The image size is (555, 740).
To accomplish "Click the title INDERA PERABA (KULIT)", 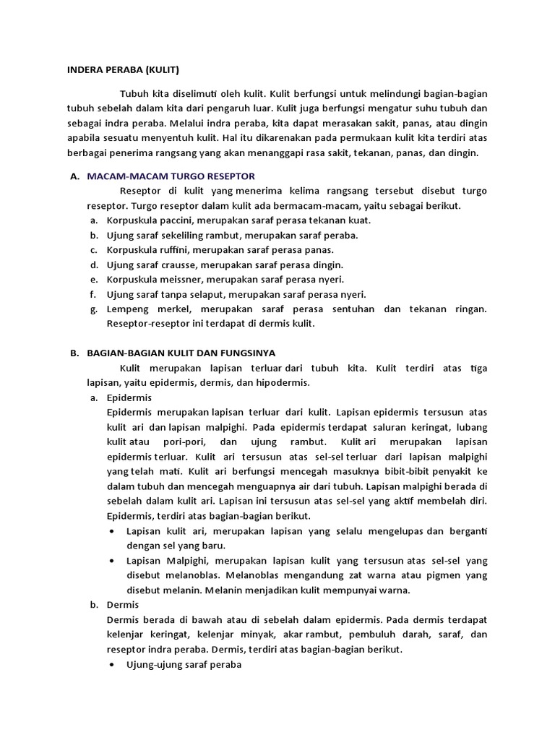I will pos(123,70).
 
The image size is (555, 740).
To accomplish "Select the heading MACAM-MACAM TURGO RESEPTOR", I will pos(171,176).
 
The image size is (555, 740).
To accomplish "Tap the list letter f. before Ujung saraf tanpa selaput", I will pos(92,294).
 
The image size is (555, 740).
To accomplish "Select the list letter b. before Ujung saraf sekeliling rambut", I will pos(93,235).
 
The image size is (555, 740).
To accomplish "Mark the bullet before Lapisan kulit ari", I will pos(112,530).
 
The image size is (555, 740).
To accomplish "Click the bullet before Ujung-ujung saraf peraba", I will pos(112,664).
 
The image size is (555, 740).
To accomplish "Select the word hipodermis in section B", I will pos(288,382).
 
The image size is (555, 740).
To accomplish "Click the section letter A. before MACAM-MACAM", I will pos(74,176).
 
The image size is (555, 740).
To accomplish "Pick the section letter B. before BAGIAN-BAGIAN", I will pos(74,353).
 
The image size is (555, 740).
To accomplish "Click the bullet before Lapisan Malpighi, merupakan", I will pos(112,560).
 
